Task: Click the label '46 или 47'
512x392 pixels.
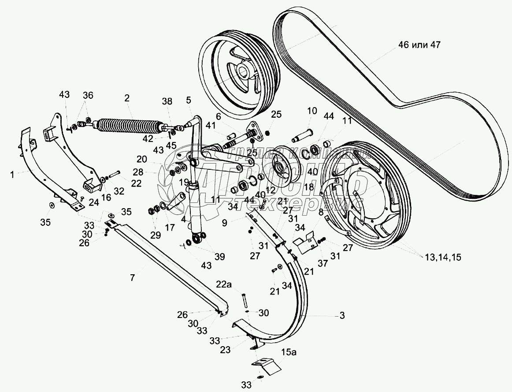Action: (x=419, y=45)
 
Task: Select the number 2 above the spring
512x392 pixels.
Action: (x=127, y=99)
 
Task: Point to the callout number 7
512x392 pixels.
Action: (x=132, y=277)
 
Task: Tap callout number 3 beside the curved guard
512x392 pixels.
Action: (x=341, y=316)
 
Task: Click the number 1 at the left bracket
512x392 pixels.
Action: (x=13, y=175)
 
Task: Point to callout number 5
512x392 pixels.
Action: (x=189, y=100)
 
